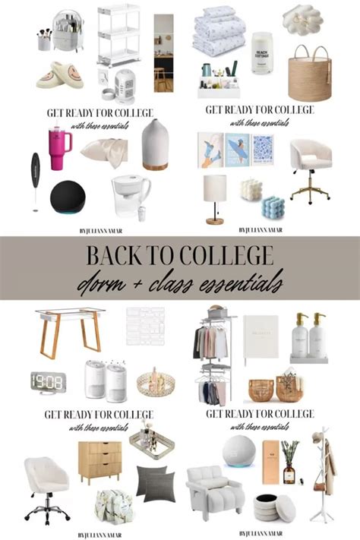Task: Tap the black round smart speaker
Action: [x=68, y=195]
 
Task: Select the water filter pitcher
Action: [x=130, y=191]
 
